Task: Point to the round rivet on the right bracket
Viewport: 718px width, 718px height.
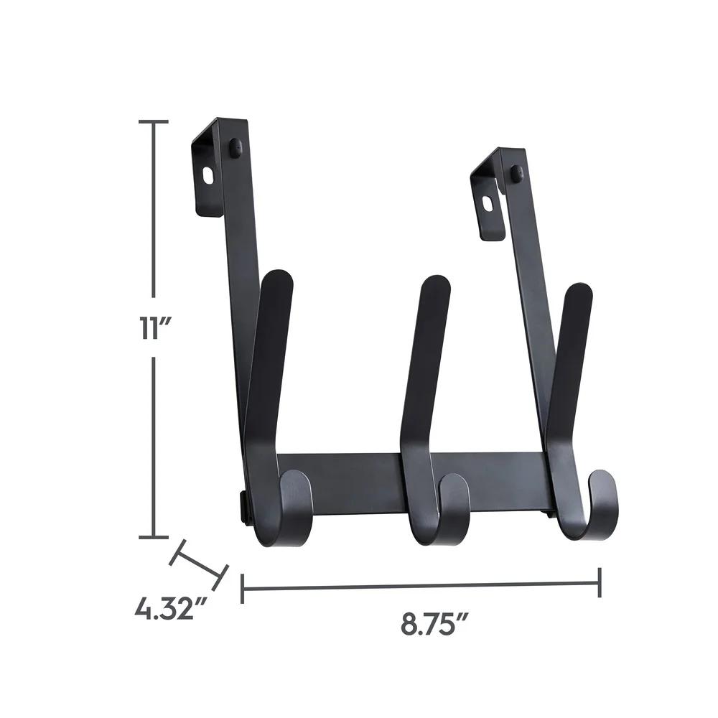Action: (x=516, y=172)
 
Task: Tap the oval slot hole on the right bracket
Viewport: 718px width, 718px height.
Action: (x=488, y=203)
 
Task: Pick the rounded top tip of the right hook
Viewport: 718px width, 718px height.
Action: (x=579, y=295)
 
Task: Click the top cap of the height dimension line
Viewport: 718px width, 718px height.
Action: (x=152, y=122)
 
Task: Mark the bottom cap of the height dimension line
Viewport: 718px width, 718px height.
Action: (x=152, y=536)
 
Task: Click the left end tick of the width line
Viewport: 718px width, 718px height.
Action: (x=243, y=588)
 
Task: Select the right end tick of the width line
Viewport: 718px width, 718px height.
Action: (x=600, y=582)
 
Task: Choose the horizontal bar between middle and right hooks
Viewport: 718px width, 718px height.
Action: (x=506, y=477)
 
